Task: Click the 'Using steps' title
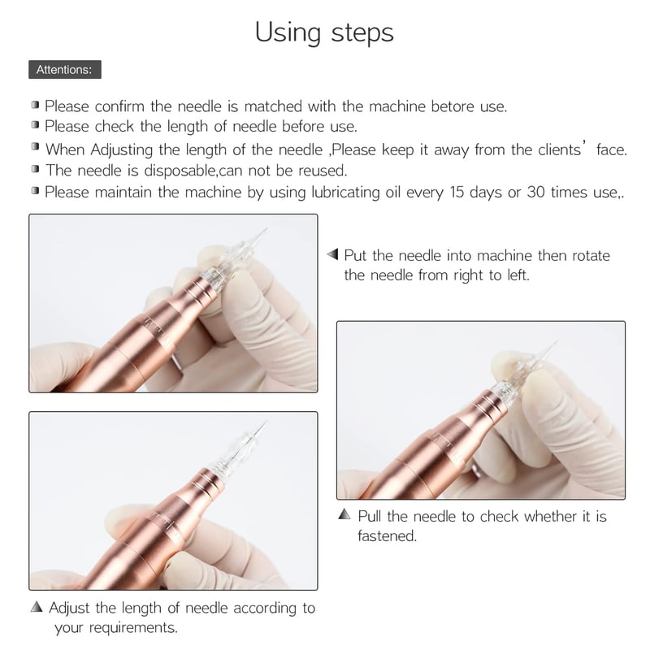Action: [x=324, y=33]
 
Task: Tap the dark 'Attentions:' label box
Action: [x=65, y=69]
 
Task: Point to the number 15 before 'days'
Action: [x=457, y=192]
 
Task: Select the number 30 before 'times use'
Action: [x=535, y=192]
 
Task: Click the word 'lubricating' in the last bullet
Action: [x=345, y=193]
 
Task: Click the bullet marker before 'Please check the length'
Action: [x=35, y=125]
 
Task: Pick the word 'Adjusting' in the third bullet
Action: [x=121, y=149]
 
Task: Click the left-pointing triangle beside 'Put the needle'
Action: [x=333, y=254]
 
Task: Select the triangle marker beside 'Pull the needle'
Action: [x=344, y=514]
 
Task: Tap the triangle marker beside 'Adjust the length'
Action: [x=37, y=606]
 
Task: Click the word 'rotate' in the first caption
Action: [x=591, y=256]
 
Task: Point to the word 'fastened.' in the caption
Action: [x=387, y=535]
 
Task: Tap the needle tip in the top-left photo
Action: [x=266, y=228]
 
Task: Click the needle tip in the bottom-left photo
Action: [x=266, y=422]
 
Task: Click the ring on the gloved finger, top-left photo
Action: [x=177, y=362]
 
